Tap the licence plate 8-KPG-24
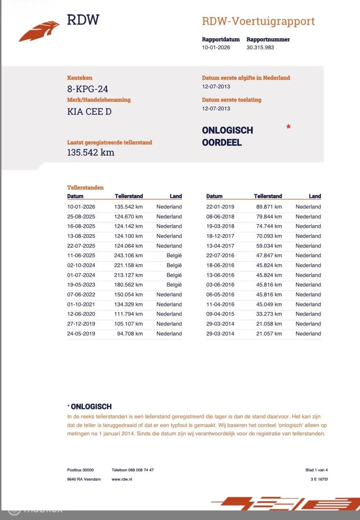click(87, 89)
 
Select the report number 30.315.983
click(260, 48)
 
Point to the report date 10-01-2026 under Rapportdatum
click(216, 48)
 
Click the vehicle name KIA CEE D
click(89, 112)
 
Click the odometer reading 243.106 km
click(128, 256)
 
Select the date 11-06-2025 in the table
click(81, 256)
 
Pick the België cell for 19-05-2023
click(174, 285)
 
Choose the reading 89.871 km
click(269, 207)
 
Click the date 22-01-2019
click(220, 207)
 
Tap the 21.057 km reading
click(269, 334)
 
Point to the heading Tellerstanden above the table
click(85, 188)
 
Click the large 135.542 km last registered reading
click(91, 153)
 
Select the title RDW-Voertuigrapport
click(258, 21)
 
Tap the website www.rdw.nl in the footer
click(122, 479)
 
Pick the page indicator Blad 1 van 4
click(316, 470)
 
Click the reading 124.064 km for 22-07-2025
click(128, 246)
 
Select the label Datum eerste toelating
click(232, 100)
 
